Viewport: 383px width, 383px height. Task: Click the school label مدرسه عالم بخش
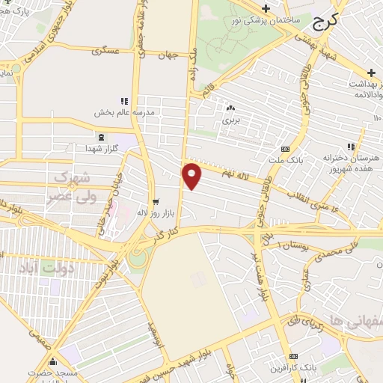(123, 112)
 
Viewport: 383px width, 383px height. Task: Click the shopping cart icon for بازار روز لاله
(156, 201)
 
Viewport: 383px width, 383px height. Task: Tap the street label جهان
(176, 55)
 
